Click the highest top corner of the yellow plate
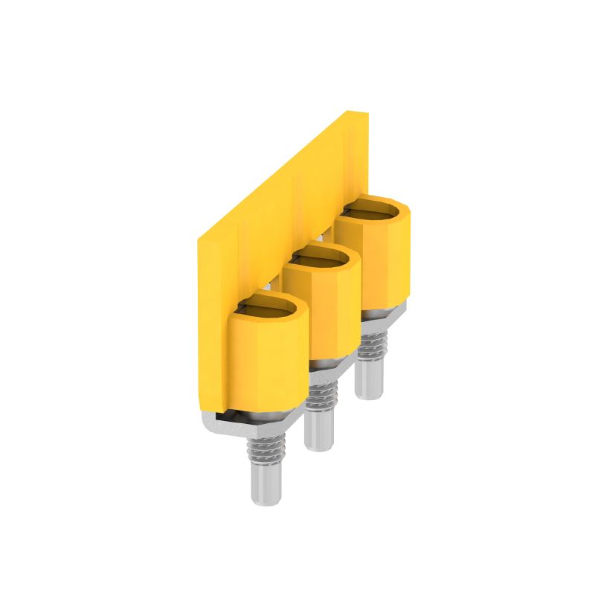(x=356, y=114)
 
